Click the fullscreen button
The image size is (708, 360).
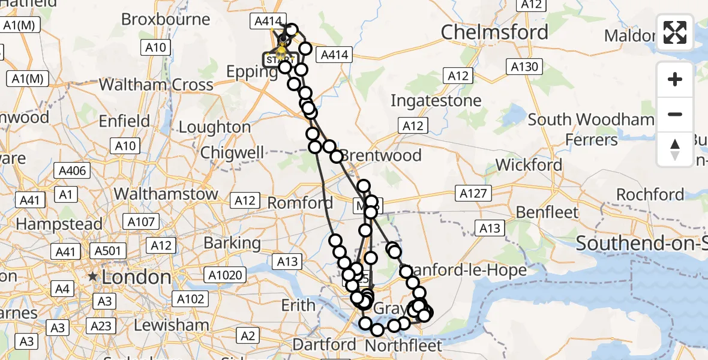coord(675,32)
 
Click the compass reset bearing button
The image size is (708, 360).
coord(675,149)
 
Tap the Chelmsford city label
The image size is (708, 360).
coord(494,32)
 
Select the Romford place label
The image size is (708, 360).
coord(299,203)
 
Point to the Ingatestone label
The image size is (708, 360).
coord(436,100)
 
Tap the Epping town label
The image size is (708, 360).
coord(251,71)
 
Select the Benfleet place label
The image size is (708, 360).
coord(547,212)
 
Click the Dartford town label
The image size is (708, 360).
coord(325,345)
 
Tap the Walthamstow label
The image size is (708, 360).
coord(166,194)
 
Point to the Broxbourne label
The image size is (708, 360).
coord(166,19)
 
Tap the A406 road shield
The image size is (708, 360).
coord(75,171)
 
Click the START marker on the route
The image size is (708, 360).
coord(280,60)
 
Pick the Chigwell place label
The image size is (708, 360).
coord(232,152)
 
